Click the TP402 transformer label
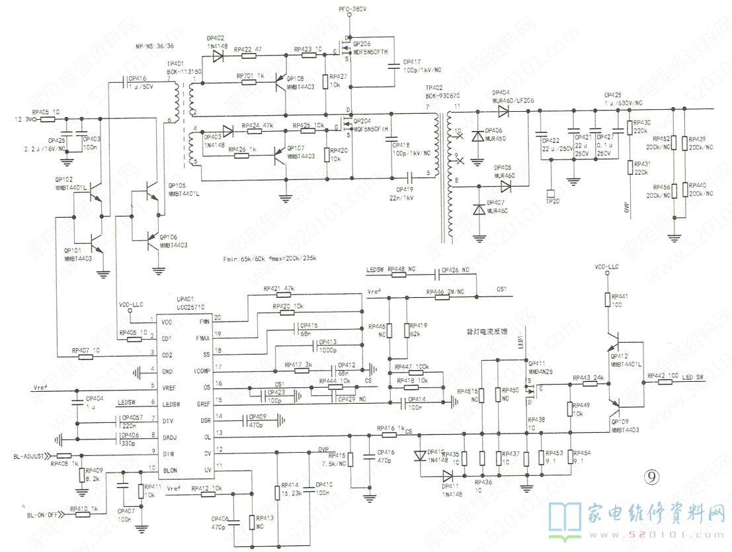[434, 88]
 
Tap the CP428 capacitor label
[613, 95]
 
